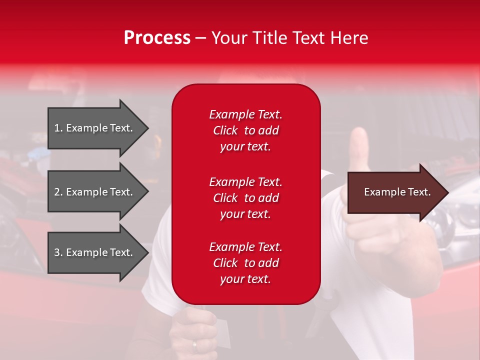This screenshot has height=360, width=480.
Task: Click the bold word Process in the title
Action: (x=157, y=38)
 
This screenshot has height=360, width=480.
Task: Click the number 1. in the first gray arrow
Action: (x=58, y=128)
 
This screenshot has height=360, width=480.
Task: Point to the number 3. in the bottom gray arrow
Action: (x=58, y=252)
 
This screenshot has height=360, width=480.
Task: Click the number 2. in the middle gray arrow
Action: (x=58, y=192)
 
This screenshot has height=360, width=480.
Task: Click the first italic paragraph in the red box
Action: (x=245, y=130)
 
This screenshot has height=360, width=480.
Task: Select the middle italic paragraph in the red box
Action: (x=245, y=198)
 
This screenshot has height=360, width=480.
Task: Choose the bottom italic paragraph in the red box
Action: (x=245, y=263)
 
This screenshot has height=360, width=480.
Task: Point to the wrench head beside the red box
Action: (x=327, y=176)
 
